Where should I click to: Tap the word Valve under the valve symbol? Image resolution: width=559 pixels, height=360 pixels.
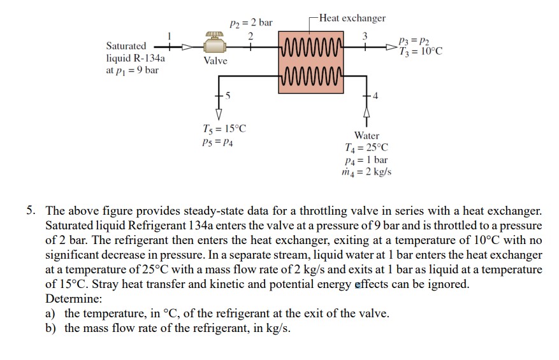215,61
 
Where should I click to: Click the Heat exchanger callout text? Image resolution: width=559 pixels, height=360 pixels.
352,18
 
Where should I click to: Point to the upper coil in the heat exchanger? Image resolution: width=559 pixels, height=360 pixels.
312,47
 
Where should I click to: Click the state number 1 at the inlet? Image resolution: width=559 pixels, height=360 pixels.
170,36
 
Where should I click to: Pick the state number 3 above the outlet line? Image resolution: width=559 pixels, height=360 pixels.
365,36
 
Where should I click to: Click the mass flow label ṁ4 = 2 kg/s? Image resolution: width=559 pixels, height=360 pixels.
367,172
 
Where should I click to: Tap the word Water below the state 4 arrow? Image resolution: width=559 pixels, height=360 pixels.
367,136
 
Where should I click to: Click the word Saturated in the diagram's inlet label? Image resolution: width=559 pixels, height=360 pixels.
126,46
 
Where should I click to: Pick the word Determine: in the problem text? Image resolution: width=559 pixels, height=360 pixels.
71,299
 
